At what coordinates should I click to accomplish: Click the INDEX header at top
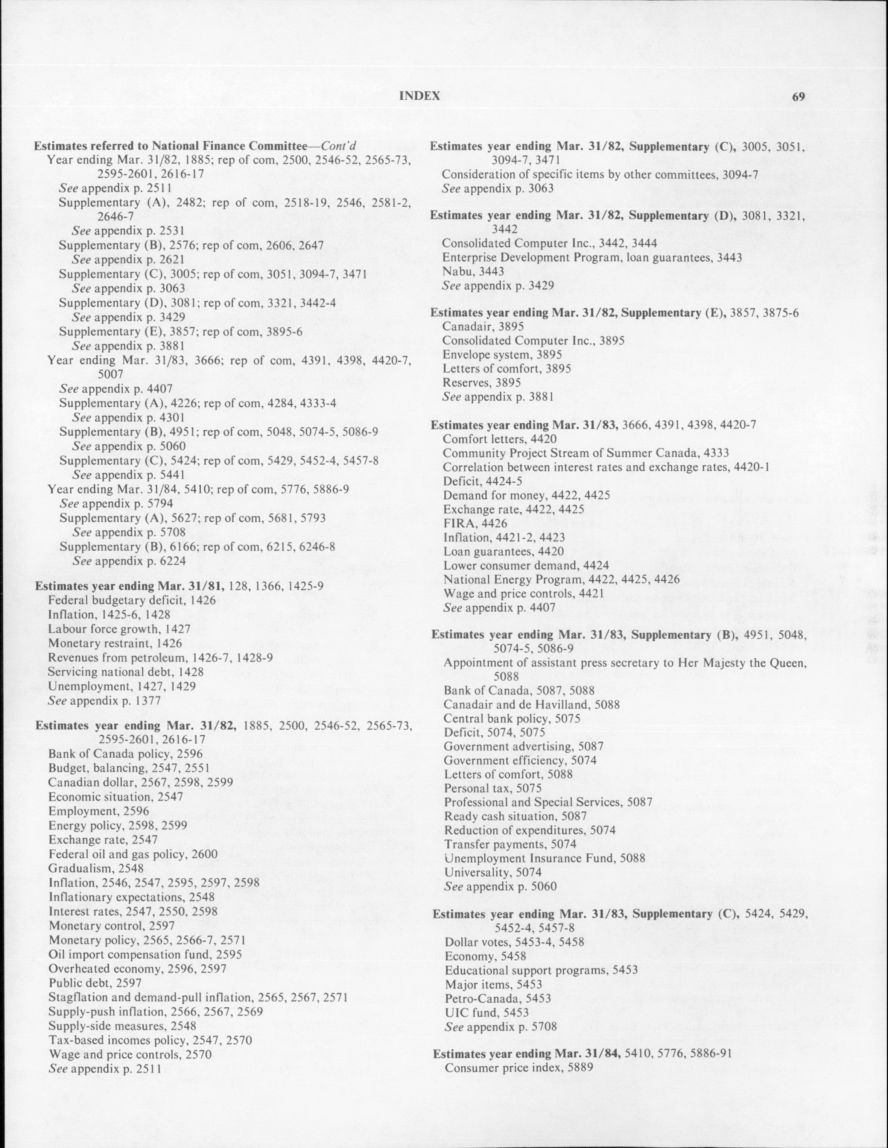[419, 96]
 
